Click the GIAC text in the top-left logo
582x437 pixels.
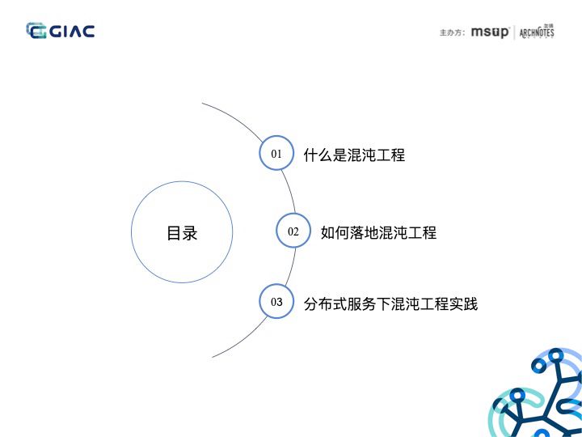[x=73, y=32]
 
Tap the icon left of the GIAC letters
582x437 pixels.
[x=36, y=32]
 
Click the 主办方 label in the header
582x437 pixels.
[x=452, y=33]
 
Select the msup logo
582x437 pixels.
[x=490, y=32]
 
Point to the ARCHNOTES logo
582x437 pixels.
[x=536, y=32]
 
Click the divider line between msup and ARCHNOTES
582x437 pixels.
[x=514, y=32]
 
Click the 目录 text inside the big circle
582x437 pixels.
[x=182, y=233]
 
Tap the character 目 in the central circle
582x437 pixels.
[x=174, y=233]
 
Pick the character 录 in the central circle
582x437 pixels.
[x=190, y=233]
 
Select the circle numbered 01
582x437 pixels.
[x=276, y=153]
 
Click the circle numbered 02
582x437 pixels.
[x=293, y=231]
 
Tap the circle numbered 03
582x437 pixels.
[x=276, y=302]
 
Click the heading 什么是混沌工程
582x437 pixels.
[x=354, y=155]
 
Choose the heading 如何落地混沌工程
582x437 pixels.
[x=378, y=233]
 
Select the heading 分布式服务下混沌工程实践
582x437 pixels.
[x=390, y=304]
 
